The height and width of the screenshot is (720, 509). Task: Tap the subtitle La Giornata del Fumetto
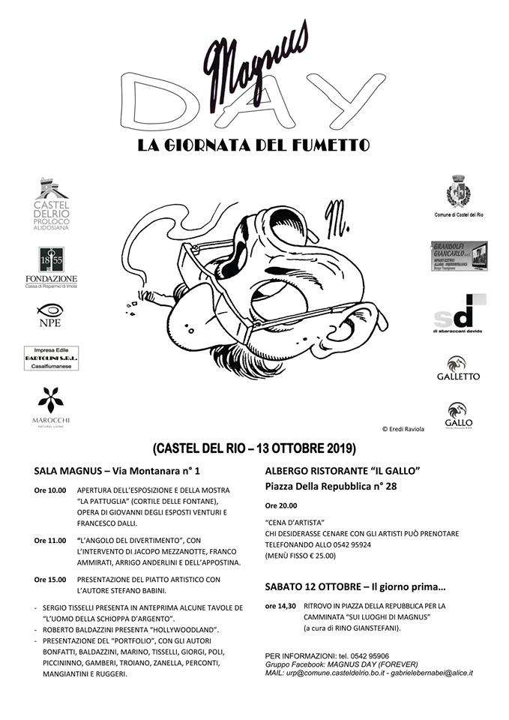[253, 145]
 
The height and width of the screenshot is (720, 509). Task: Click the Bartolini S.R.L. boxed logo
[51, 358]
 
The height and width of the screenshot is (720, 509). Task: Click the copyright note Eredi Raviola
[403, 429]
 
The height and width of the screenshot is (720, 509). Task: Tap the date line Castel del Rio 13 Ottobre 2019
[253, 449]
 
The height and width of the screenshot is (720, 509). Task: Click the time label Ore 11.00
[49, 539]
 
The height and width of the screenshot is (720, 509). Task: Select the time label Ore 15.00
[49, 579]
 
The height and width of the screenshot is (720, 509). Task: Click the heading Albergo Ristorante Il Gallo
[342, 470]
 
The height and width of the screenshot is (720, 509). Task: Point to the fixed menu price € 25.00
[320, 556]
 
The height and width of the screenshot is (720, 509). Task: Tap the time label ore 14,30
[280, 605]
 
